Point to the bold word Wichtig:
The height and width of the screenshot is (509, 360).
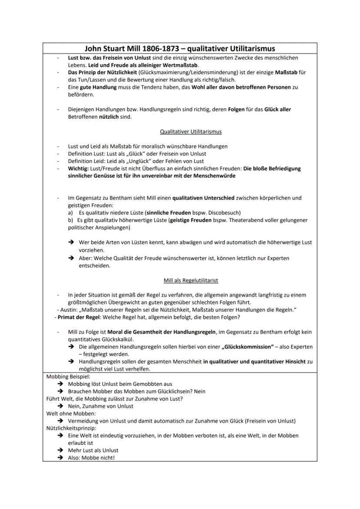[78, 169]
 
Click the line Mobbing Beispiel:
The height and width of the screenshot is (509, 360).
[68, 376]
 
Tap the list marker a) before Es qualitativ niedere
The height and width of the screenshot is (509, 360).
[70, 213]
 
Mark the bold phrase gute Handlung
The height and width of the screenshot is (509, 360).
[98, 87]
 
